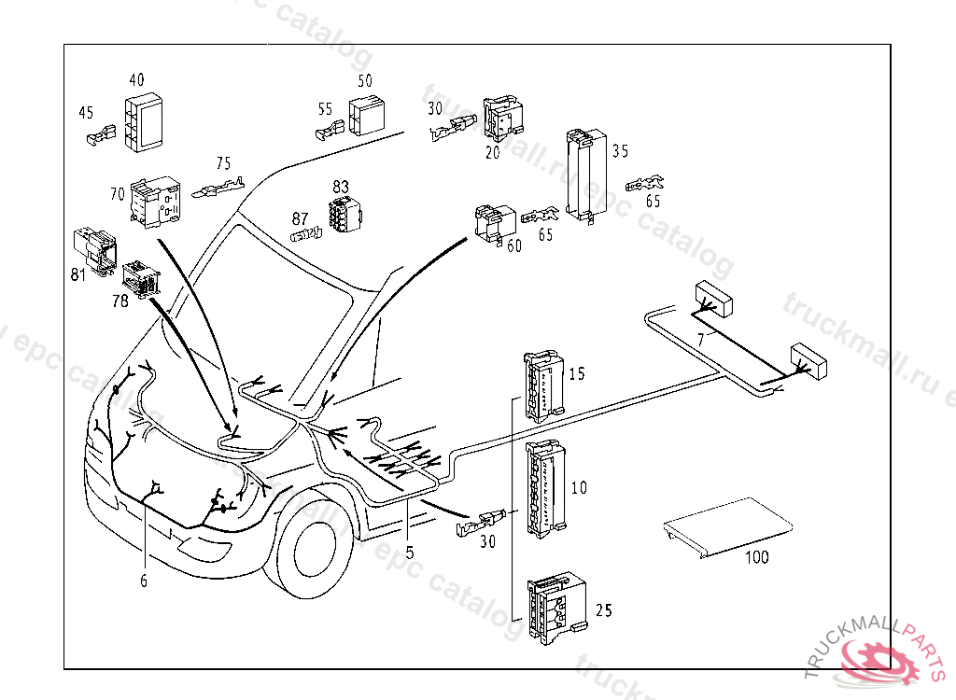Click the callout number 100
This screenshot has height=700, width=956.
point(757,557)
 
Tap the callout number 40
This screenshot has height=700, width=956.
point(137,79)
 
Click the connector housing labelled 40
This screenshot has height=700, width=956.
point(144,121)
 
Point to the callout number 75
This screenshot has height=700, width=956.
point(223,163)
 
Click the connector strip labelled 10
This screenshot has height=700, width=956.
point(546,488)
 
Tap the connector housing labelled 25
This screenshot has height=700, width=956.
point(556,607)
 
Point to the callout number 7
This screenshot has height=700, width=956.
point(700,341)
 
